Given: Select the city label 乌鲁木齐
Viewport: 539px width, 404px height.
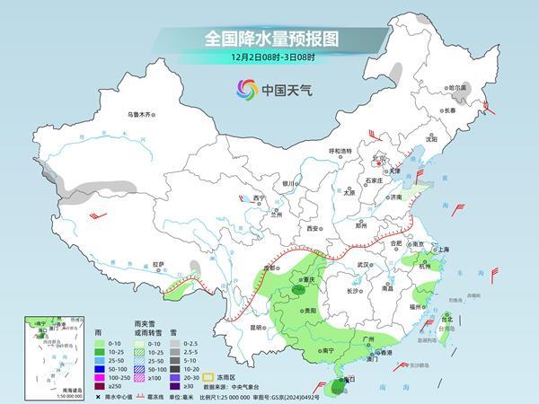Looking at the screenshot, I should tap(141, 114).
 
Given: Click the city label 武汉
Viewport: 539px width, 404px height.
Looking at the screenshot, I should tap(364, 265).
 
